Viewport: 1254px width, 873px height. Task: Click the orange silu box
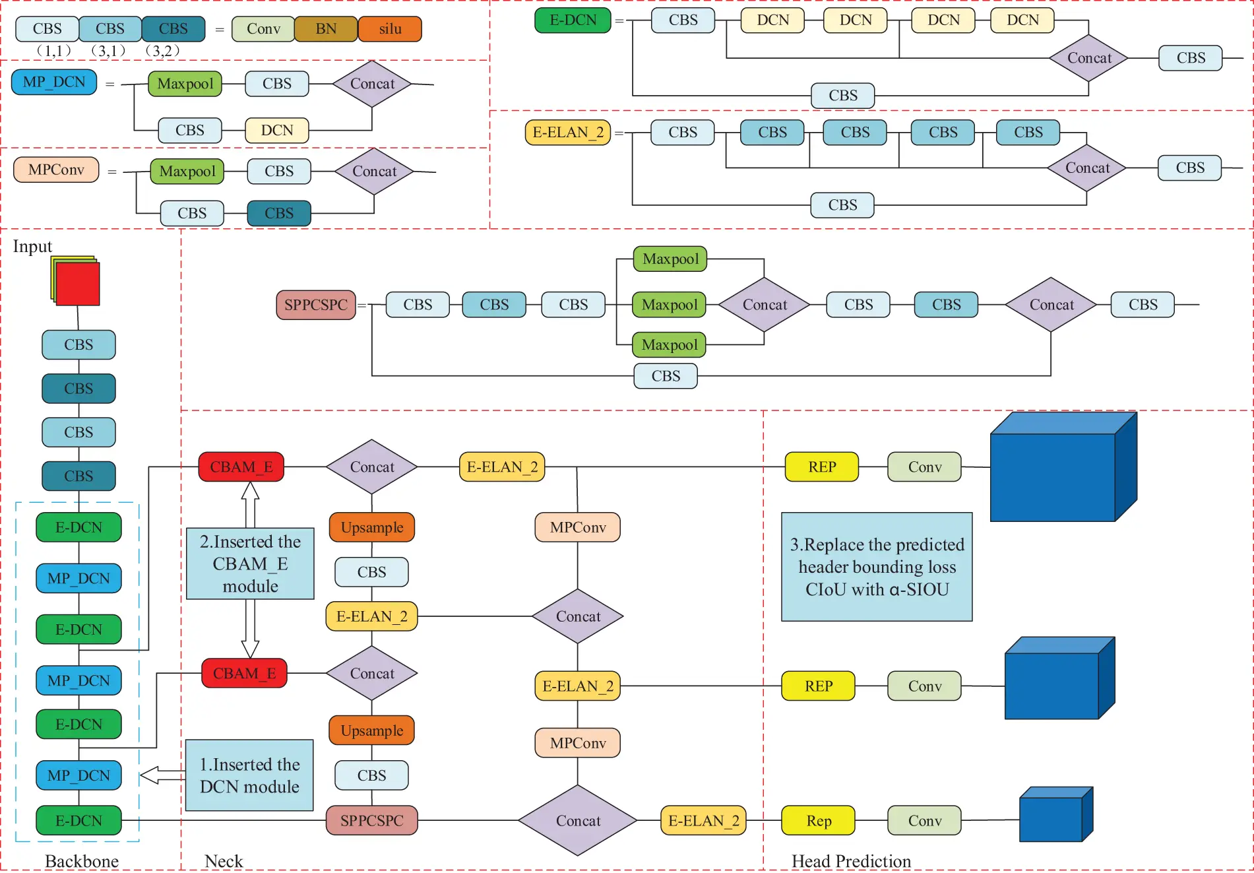pyautogui.click(x=390, y=29)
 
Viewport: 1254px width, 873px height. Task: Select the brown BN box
pyautogui.click(x=326, y=29)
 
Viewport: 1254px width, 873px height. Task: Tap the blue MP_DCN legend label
pyautogui.click(x=54, y=82)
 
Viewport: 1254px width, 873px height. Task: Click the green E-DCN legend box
pyautogui.click(x=573, y=20)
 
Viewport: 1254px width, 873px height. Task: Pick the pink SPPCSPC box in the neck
pyautogui.click(x=371, y=820)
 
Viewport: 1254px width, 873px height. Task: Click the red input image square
pyautogui.click(x=78, y=284)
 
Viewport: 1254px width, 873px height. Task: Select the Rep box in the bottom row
pyautogui.click(x=818, y=820)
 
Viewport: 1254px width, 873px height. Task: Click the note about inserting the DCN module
pyautogui.click(x=249, y=775)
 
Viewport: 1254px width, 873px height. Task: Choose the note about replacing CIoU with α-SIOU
pyautogui.click(x=877, y=567)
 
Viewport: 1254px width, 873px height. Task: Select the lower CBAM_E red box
pyautogui.click(x=244, y=673)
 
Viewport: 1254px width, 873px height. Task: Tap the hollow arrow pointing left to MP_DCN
pyautogui.click(x=162, y=775)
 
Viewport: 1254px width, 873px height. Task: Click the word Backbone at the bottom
pyautogui.click(x=82, y=861)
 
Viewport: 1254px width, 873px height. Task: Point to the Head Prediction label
pyautogui.click(x=851, y=861)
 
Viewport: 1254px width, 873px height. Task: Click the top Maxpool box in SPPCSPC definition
pyautogui.click(x=670, y=259)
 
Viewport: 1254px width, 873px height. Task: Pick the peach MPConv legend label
pyautogui.click(x=56, y=170)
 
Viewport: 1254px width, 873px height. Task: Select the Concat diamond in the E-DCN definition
pyautogui.click(x=1089, y=58)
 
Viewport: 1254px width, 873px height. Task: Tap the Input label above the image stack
pyautogui.click(x=32, y=246)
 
